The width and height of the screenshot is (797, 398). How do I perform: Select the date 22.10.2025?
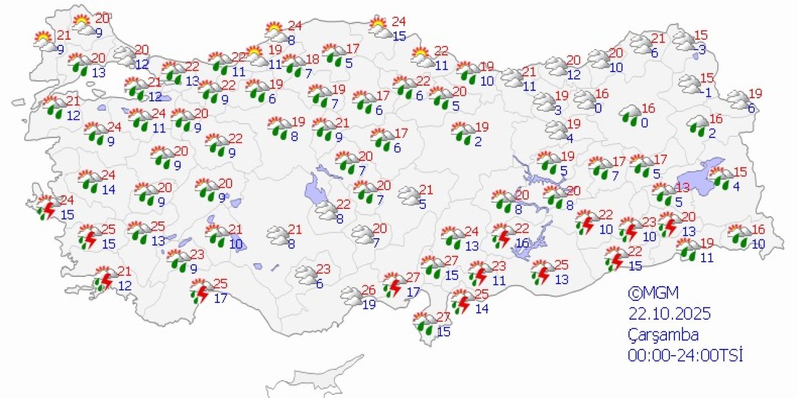coord(669,313)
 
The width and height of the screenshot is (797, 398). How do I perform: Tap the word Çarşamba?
coord(663,335)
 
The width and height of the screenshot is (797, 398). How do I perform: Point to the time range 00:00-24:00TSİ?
coord(685,355)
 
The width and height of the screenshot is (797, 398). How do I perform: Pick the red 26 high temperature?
coord(369,290)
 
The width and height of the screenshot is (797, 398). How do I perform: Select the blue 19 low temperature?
coord(369,304)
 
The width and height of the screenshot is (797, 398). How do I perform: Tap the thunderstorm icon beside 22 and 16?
coord(502,236)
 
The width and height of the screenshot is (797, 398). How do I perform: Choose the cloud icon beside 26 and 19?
coord(352,296)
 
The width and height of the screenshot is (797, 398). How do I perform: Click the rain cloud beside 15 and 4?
coord(722,178)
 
